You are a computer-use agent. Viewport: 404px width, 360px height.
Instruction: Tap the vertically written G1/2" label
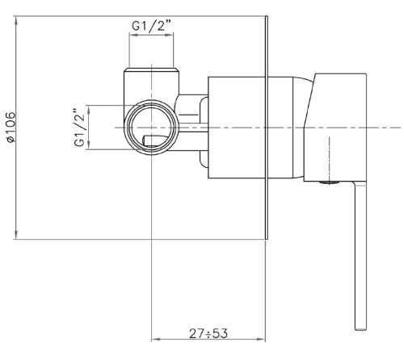pyautogui.click(x=79, y=128)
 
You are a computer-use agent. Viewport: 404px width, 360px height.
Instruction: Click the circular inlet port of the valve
pyautogui.click(x=152, y=128)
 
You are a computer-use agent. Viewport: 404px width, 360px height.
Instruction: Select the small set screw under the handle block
pyautogui.click(x=327, y=184)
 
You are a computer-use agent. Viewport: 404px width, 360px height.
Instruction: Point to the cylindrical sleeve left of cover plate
pyautogui.click(x=238, y=127)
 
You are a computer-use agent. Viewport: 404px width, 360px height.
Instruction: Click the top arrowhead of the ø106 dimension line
pyautogui.click(x=17, y=18)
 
